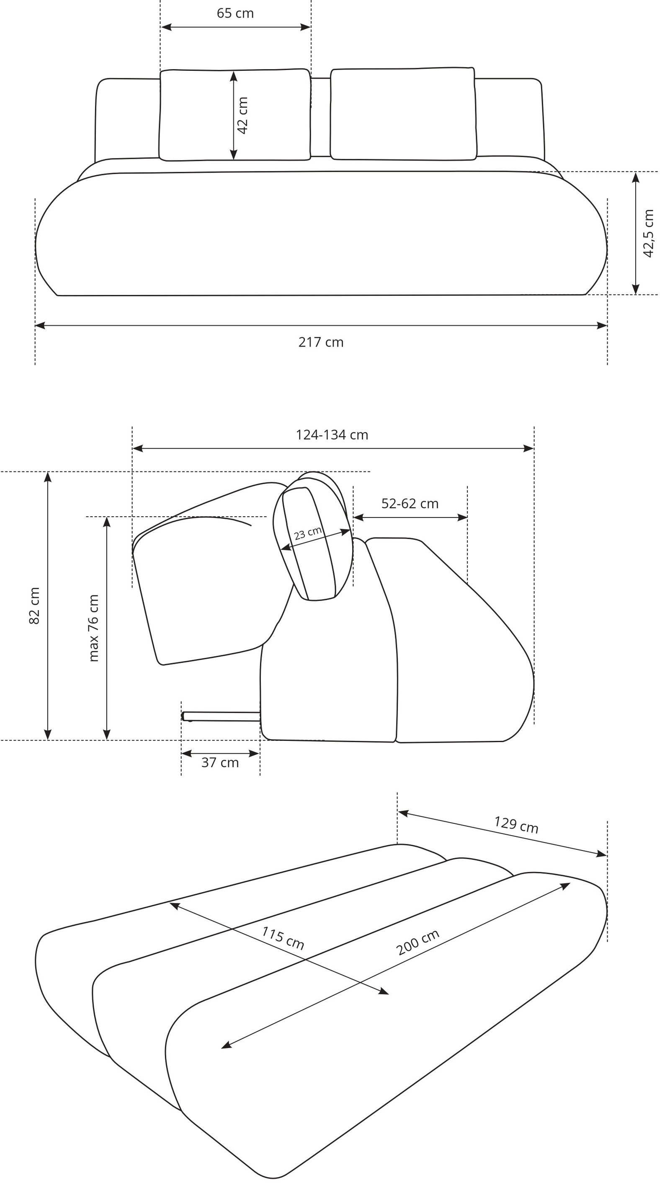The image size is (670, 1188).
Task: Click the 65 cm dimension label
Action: [235, 13]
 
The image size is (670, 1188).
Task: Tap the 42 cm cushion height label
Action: [242, 115]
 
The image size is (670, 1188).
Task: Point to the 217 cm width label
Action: [321, 342]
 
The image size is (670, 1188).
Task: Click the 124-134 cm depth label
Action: [332, 435]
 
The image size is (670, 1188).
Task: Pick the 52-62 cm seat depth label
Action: [410, 504]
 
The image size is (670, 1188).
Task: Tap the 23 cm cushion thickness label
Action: [308, 533]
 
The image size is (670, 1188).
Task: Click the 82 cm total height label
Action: [35, 606]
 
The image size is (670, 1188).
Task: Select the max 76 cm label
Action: [93, 628]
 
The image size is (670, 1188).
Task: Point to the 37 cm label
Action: [220, 763]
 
